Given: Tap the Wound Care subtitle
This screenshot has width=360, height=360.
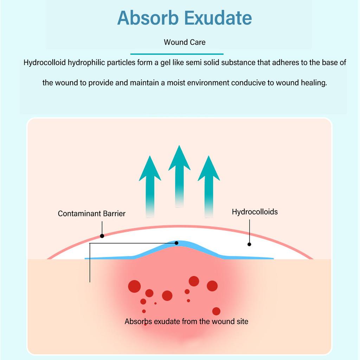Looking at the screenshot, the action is pos(185,42).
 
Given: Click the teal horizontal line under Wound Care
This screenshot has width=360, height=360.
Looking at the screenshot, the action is pos(177,54).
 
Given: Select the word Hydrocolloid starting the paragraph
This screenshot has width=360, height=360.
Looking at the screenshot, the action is pos(45,63).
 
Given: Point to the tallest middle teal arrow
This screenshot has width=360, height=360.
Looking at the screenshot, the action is pos(179,176).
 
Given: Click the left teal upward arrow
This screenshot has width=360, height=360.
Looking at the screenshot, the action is pos(150,187).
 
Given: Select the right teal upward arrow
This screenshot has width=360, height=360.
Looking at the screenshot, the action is pos(209,187).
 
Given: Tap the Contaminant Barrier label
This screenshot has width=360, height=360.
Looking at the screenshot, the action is pos(92,213).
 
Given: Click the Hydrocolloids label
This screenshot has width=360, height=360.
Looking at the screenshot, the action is pos(255,212).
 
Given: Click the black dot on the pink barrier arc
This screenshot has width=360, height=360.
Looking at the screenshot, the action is pos(102,236).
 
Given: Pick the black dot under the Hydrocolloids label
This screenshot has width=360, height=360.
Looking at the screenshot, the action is pos(249,244).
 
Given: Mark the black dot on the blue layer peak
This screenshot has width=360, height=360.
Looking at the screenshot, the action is pos(176,243).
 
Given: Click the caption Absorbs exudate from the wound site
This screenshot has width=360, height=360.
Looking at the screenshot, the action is pos(186,321).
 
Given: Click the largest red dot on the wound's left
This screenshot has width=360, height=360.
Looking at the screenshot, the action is pos(134,286).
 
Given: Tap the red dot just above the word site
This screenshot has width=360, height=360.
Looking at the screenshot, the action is pos(216,311).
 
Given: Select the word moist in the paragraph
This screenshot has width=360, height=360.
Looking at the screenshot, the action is pos(176,83).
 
